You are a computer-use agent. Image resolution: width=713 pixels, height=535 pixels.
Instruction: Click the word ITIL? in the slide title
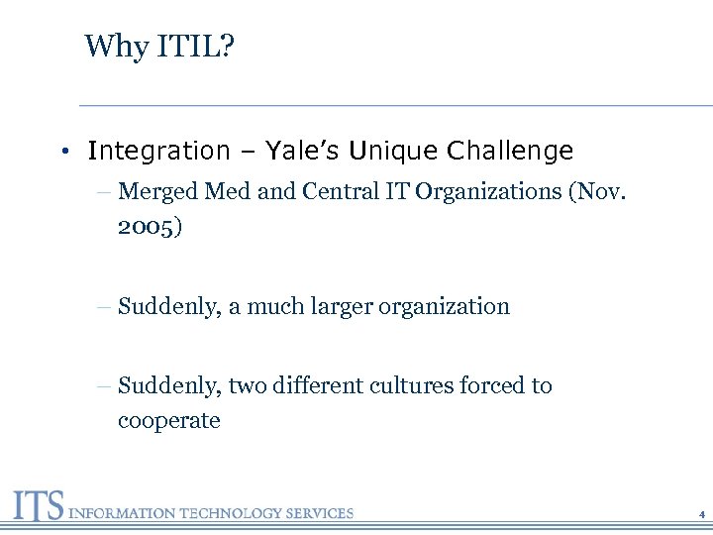point(197,46)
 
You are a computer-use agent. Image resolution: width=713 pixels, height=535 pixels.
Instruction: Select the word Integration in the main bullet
point(158,151)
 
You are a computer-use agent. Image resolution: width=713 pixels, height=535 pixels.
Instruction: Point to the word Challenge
point(510,151)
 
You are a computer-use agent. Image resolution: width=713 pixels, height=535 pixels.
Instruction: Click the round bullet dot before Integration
point(62,152)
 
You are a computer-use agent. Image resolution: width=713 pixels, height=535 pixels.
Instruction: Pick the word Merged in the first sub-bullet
point(158,191)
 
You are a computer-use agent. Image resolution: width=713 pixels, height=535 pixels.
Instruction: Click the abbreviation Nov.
point(600,191)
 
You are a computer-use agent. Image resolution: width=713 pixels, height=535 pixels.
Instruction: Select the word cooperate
point(168,420)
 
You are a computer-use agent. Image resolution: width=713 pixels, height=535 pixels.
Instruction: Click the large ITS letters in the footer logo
point(38,505)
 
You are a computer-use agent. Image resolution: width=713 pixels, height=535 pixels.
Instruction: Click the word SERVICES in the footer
point(319,513)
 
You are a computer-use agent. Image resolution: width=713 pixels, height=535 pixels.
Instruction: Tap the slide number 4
point(701,515)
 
